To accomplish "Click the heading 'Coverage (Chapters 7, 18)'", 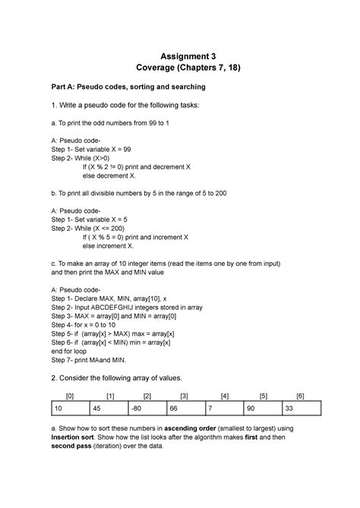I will (179, 70).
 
